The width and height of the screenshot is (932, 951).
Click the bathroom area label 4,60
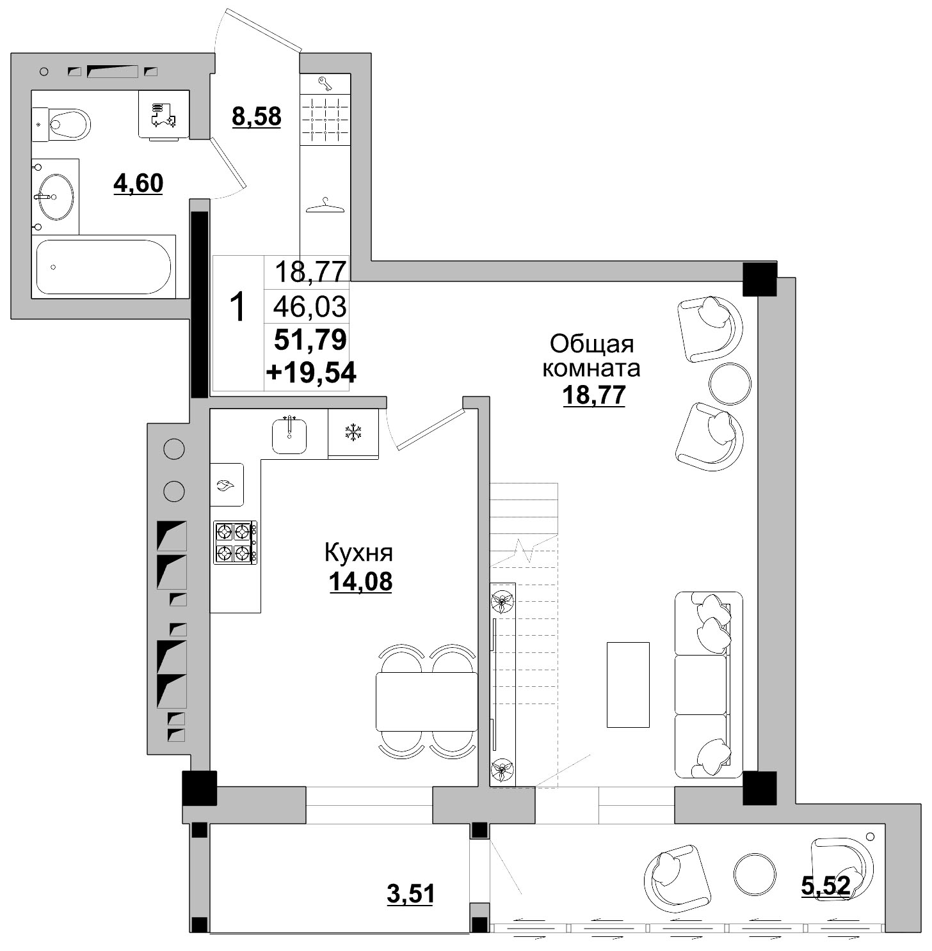pyautogui.click(x=138, y=184)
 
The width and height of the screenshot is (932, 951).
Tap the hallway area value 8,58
pyautogui.click(x=257, y=117)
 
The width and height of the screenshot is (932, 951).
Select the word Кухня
pyautogui.click(x=358, y=553)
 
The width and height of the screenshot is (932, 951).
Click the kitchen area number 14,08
pyautogui.click(x=360, y=582)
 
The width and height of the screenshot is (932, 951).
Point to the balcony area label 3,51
pyautogui.click(x=411, y=893)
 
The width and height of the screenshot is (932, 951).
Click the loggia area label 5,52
pyautogui.click(x=826, y=886)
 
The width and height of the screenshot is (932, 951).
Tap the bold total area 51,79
pyautogui.click(x=310, y=339)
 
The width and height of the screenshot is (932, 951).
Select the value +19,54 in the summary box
pyautogui.click(x=311, y=372)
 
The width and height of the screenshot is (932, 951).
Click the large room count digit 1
pyautogui.click(x=237, y=308)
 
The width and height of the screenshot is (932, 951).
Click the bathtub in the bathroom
pyautogui.click(x=104, y=267)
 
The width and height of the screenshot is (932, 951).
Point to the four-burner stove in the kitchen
pyautogui.click(x=236, y=542)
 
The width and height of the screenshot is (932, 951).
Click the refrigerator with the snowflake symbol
pyautogui.click(x=353, y=433)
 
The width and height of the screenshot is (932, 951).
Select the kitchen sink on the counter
pyautogui.click(x=289, y=435)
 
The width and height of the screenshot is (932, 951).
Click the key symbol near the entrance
pyautogui.click(x=325, y=83)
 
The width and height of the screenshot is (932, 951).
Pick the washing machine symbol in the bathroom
pyautogui.click(x=164, y=114)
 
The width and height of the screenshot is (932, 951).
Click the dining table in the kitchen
pyautogui.click(x=427, y=701)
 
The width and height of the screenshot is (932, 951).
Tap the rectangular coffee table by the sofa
pyautogui.click(x=628, y=684)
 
